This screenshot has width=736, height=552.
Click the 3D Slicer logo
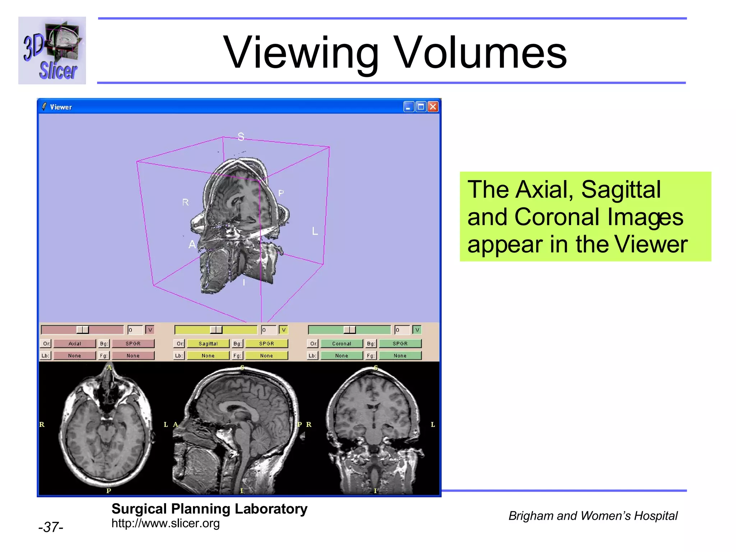click(x=52, y=50)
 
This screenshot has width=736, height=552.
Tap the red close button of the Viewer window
click(x=433, y=107)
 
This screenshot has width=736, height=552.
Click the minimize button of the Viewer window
click(x=409, y=107)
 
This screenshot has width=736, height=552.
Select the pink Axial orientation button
click(x=75, y=344)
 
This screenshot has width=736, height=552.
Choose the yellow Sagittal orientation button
click(x=208, y=344)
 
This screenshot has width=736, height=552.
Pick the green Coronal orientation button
click(x=341, y=344)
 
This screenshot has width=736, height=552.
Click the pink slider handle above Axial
click(x=83, y=330)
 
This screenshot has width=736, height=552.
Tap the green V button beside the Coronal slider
click(x=417, y=330)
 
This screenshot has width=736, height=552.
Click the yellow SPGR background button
click(x=266, y=344)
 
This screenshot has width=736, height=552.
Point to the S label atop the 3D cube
click(x=241, y=137)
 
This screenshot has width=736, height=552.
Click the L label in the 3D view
click(x=315, y=231)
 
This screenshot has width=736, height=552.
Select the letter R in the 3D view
click(x=185, y=202)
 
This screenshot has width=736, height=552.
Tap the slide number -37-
click(x=51, y=527)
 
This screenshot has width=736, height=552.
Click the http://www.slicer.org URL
click(x=165, y=523)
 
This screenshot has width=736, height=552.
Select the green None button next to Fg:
click(x=400, y=356)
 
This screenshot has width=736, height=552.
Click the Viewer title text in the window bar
click(x=61, y=107)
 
